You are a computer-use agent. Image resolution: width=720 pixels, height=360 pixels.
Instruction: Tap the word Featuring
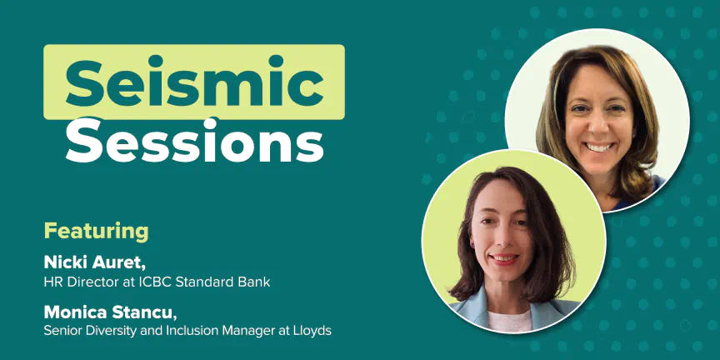coord(97,232)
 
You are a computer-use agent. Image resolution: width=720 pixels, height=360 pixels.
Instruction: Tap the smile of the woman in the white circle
coord(599,147)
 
